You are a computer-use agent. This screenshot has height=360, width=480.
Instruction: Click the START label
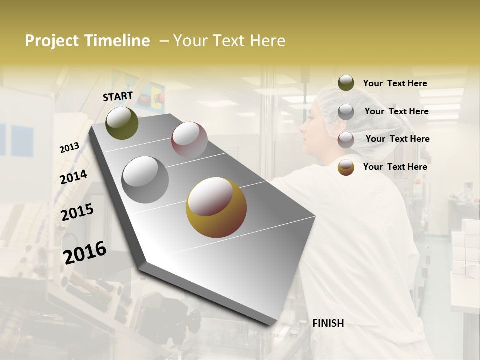[x=118, y=96]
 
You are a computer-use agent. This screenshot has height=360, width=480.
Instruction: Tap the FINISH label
[x=328, y=323]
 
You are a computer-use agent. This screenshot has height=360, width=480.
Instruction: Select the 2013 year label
[x=70, y=148]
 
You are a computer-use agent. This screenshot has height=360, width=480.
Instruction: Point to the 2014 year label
[x=74, y=177]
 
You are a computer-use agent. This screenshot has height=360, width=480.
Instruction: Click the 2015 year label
[x=77, y=212]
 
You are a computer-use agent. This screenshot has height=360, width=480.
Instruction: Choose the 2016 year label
[x=85, y=253]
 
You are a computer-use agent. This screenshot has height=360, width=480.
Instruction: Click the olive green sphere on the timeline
[x=122, y=123]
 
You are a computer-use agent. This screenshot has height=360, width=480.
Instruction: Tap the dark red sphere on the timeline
[x=189, y=139]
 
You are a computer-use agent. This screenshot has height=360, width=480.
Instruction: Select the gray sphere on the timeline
[x=145, y=179]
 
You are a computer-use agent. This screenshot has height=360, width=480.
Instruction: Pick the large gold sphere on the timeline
[x=216, y=207]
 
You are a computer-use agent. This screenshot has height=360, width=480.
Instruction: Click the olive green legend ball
[x=346, y=83]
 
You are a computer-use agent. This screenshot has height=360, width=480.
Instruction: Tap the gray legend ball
[x=346, y=111]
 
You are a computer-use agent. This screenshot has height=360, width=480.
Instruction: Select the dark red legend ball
[x=346, y=140]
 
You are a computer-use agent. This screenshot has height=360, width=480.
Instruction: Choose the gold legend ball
[x=346, y=168]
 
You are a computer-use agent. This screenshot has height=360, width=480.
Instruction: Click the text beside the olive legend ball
[x=395, y=84]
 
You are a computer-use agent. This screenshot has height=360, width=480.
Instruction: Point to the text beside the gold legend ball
[x=395, y=167]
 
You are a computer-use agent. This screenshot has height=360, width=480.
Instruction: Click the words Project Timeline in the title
[x=87, y=41]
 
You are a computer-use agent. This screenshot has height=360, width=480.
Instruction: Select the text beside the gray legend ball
[x=396, y=111]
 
